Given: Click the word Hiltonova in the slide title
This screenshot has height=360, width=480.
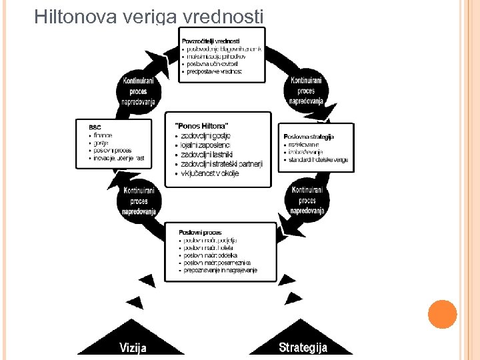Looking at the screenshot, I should coord(76,16).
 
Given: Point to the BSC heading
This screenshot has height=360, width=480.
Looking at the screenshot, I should coord(95,127).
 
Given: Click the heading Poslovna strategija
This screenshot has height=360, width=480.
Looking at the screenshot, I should coord(309,137).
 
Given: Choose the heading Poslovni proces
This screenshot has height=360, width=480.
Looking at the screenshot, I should coord(200,233).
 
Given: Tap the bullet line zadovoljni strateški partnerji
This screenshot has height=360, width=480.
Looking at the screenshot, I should coord(222,164).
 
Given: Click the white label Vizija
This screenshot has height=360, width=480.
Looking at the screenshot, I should coord(133,347).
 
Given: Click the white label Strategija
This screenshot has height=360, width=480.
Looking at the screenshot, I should coord(303,347).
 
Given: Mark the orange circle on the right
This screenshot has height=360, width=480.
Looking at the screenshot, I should coord(443,314).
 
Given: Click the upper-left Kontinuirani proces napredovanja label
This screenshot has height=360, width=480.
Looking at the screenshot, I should coord(139,92).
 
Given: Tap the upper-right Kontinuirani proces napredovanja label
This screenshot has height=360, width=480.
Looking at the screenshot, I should coord(306,91).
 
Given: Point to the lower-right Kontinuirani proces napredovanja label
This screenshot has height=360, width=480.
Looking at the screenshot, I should coord(307,201).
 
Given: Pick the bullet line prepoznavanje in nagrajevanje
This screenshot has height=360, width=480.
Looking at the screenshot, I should coord(220,271).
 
